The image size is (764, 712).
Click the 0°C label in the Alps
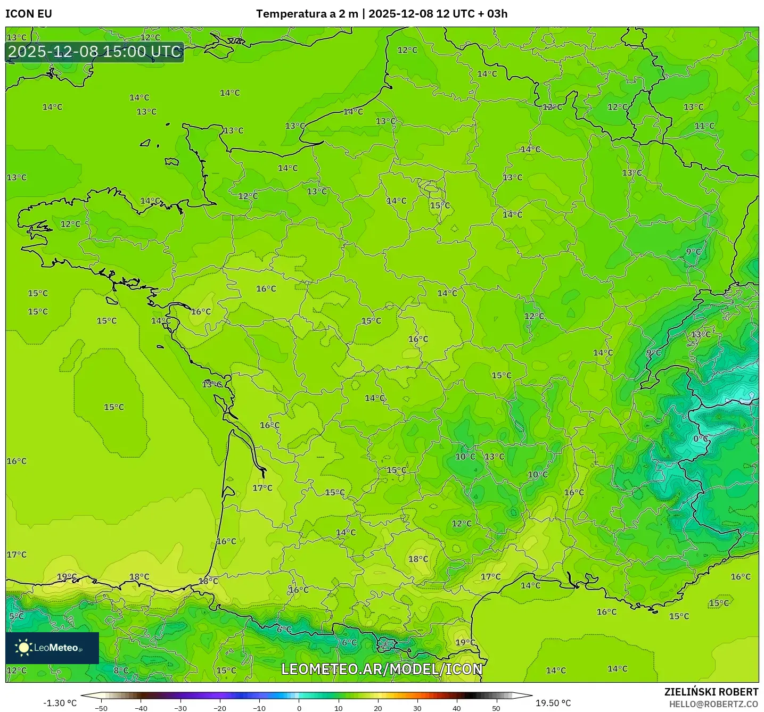[x=701, y=438]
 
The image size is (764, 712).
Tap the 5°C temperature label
[x=17, y=616]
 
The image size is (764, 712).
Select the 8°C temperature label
[x=121, y=670]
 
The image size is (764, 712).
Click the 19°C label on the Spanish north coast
[x=67, y=577]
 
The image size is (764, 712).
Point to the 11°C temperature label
[x=704, y=126]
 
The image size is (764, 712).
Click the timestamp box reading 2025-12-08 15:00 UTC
[x=95, y=52]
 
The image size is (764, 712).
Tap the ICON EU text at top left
[x=29, y=14]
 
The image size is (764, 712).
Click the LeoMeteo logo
[x=52, y=648]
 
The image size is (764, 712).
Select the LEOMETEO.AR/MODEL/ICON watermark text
[x=382, y=669]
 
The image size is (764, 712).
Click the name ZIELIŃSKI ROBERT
[x=711, y=692]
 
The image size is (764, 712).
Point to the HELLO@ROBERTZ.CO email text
[x=713, y=704]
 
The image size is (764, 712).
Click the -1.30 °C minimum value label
[x=60, y=703]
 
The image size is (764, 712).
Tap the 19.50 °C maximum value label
[x=553, y=703]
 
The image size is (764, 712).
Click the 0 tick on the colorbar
[x=299, y=708]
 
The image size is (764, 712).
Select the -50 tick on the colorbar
[x=101, y=708]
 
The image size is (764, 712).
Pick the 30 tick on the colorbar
[x=417, y=708]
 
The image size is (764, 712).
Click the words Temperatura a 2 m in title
[x=307, y=14]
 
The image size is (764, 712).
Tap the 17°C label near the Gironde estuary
[x=262, y=488]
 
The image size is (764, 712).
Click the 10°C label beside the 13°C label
[x=465, y=457]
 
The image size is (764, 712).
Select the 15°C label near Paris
[x=440, y=206]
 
